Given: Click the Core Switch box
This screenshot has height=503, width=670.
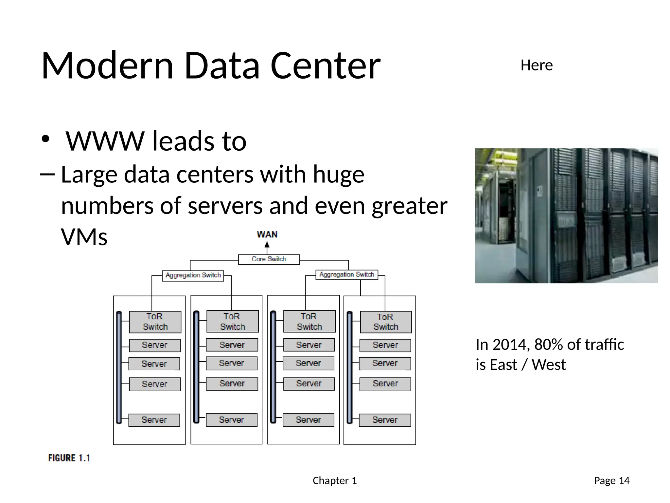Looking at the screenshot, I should tap(269, 259).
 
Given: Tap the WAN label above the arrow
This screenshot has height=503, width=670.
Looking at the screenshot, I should tap(267, 234).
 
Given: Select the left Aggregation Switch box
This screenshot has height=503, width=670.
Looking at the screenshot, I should tap(193, 275).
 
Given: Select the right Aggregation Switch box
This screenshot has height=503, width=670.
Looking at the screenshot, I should tap(347, 274).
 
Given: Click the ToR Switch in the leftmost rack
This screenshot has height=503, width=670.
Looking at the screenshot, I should tap(155, 322).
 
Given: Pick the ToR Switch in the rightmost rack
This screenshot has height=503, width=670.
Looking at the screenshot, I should tap(386, 322).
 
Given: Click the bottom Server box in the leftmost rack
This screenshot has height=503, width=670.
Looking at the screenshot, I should tap(154, 420).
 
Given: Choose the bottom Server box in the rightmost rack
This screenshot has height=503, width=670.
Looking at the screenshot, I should tap(385, 420).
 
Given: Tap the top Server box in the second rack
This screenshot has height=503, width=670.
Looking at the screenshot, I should tap(232, 345).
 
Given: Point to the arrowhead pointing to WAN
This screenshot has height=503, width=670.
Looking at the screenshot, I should tap(267, 244).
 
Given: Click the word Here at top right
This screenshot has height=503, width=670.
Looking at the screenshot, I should tap(537, 65).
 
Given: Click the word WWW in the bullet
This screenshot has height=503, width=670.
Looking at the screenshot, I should tap(105, 141).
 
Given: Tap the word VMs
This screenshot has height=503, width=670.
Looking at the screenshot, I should tap(84, 237).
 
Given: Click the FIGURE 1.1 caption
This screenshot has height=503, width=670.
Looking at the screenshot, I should tap(69, 458).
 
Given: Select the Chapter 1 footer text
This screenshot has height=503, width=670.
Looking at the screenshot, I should tap(335, 480).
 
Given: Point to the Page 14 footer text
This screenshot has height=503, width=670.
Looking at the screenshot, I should tap(611, 480).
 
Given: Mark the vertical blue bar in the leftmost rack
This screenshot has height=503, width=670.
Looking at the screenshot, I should tap(119, 367).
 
